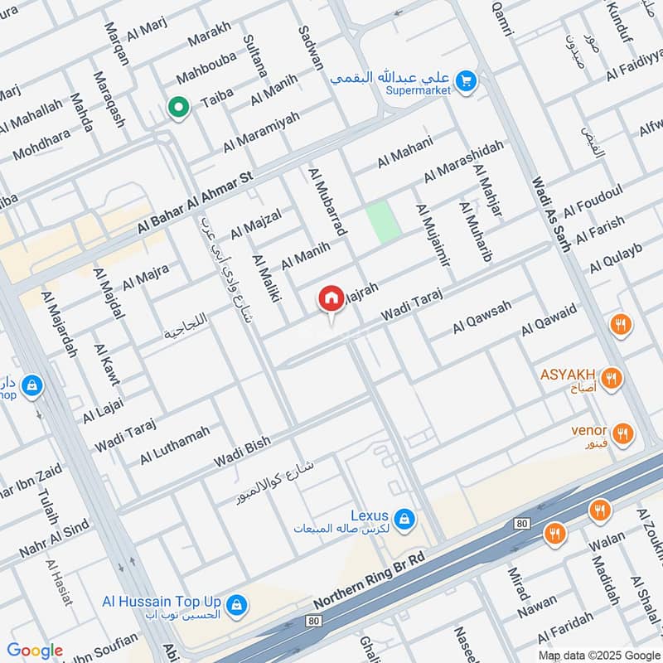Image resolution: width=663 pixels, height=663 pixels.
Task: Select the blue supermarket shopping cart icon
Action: pyautogui.click(x=466, y=81)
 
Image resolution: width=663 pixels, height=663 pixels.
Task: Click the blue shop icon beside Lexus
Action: pyautogui.click(x=404, y=520)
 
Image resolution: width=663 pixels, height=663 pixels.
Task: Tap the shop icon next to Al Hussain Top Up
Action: pyautogui.click(x=237, y=606)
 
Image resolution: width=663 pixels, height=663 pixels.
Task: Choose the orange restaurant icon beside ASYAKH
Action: pyautogui.click(x=612, y=379)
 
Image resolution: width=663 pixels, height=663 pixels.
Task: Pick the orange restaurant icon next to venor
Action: pyautogui.click(x=622, y=433)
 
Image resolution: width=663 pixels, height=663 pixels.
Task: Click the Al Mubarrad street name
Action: pyautogui.click(x=327, y=201)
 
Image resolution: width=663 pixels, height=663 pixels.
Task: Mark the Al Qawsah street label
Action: pyautogui.click(x=482, y=317)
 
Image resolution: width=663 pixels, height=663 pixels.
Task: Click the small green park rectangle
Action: pyautogui.click(x=384, y=221)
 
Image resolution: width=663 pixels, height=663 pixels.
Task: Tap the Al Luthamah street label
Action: pyautogui.click(x=175, y=444)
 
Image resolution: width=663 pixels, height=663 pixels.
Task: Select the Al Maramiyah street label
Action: pyautogui.click(x=259, y=133)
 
